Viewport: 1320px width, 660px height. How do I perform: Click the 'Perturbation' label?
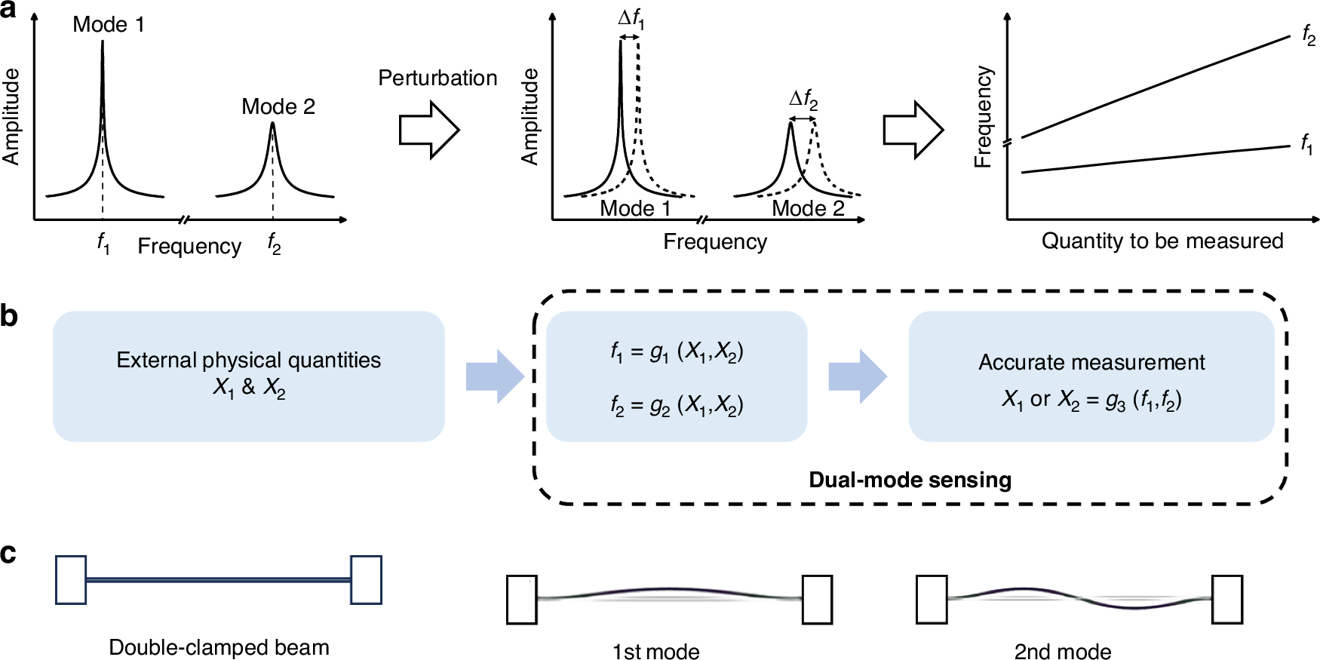[437, 78]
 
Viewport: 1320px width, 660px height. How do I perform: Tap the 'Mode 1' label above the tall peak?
[108, 24]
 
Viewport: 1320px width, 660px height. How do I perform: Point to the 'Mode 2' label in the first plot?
[278, 106]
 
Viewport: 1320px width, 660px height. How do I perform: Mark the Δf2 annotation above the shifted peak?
[803, 99]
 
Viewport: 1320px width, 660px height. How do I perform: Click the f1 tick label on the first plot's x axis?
[103, 244]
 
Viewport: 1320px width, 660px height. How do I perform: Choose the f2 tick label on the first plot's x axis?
[274, 244]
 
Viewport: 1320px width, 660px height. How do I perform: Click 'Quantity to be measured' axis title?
[1162, 241]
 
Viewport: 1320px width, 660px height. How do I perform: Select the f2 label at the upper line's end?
[1308, 35]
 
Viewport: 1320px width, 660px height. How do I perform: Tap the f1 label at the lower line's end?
[1306, 143]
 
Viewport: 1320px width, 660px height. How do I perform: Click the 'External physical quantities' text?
[248, 360]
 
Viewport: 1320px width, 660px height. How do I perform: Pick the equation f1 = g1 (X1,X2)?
[677, 352]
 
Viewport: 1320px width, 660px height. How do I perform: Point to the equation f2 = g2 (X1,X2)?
[677, 406]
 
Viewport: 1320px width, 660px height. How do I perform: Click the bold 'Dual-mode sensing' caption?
[910, 480]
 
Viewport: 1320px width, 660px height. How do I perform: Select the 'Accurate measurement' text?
[1091, 362]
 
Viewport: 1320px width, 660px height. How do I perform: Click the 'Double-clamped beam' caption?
[219, 647]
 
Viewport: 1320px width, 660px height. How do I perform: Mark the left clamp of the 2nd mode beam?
[932, 599]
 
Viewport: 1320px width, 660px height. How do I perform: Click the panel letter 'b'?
[9, 316]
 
